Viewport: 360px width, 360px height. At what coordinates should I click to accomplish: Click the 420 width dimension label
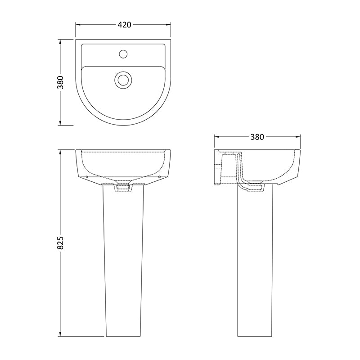click(124, 25)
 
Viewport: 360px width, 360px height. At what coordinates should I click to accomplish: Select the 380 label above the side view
click(256, 137)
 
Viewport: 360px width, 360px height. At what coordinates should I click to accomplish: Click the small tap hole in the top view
click(122, 54)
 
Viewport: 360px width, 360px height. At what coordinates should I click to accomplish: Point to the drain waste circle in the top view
click(122, 79)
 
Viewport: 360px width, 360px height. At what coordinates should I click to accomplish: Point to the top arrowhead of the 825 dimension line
click(62, 152)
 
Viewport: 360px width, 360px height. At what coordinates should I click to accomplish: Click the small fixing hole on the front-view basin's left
click(86, 177)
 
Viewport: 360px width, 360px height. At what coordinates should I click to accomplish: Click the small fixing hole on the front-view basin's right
click(160, 177)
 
